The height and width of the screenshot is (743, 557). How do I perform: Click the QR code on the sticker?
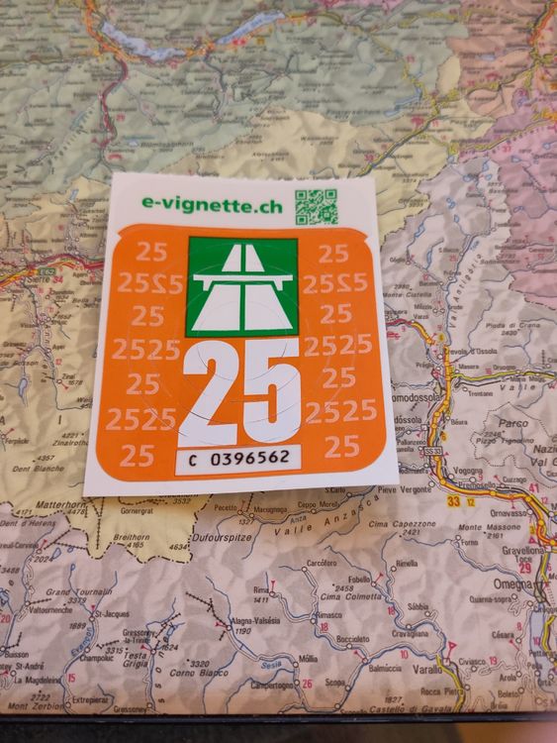(317, 206)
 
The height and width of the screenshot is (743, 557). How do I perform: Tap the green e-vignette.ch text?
(212, 204)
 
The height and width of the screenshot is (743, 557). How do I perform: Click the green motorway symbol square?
(241, 286)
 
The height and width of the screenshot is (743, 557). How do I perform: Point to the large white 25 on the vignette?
(238, 389)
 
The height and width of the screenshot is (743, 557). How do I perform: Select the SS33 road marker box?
(431, 451)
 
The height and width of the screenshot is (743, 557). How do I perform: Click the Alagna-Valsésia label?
(256, 619)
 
